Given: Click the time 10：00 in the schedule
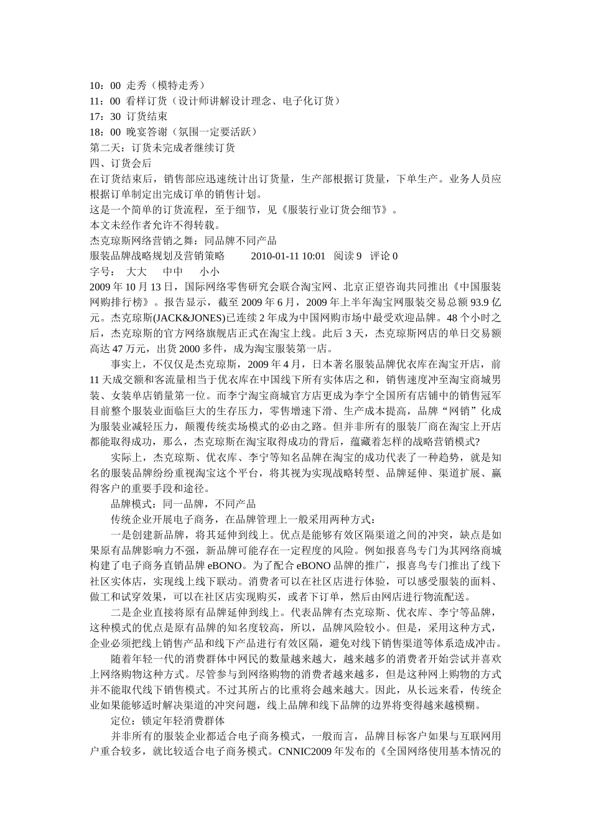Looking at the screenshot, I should (x=105, y=85).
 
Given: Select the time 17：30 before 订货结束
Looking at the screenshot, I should (x=105, y=116).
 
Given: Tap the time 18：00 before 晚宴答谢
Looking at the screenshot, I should (x=105, y=132).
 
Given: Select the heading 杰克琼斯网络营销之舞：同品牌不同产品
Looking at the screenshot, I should (x=183, y=240).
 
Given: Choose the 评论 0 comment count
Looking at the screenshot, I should (x=384, y=256).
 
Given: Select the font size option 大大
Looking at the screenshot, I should (x=136, y=271).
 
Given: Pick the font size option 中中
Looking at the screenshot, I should (x=173, y=271).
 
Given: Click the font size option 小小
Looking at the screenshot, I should (x=210, y=271).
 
